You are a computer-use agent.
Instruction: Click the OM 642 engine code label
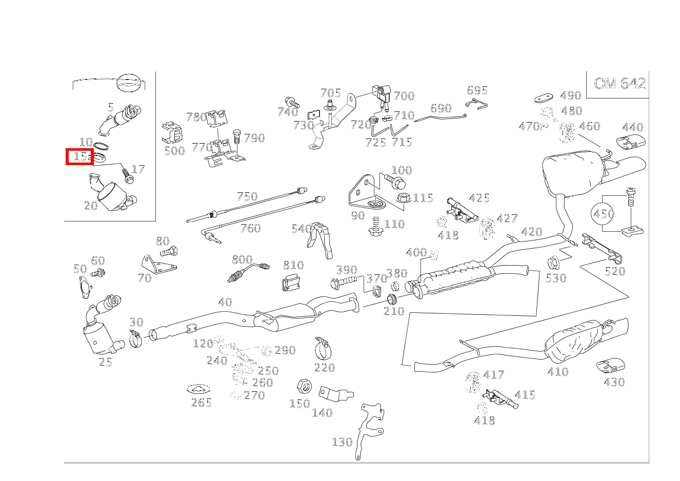tap(619, 84)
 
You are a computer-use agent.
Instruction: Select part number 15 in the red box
tap(79, 157)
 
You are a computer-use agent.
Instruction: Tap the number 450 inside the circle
tap(604, 213)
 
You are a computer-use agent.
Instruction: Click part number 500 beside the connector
tap(174, 151)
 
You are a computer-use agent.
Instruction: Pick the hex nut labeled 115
tap(403, 197)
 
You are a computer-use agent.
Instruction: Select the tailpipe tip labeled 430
tap(609, 366)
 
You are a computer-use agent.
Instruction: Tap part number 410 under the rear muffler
tap(557, 372)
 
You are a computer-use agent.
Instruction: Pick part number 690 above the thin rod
tap(441, 108)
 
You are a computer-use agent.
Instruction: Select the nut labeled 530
tap(553, 264)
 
